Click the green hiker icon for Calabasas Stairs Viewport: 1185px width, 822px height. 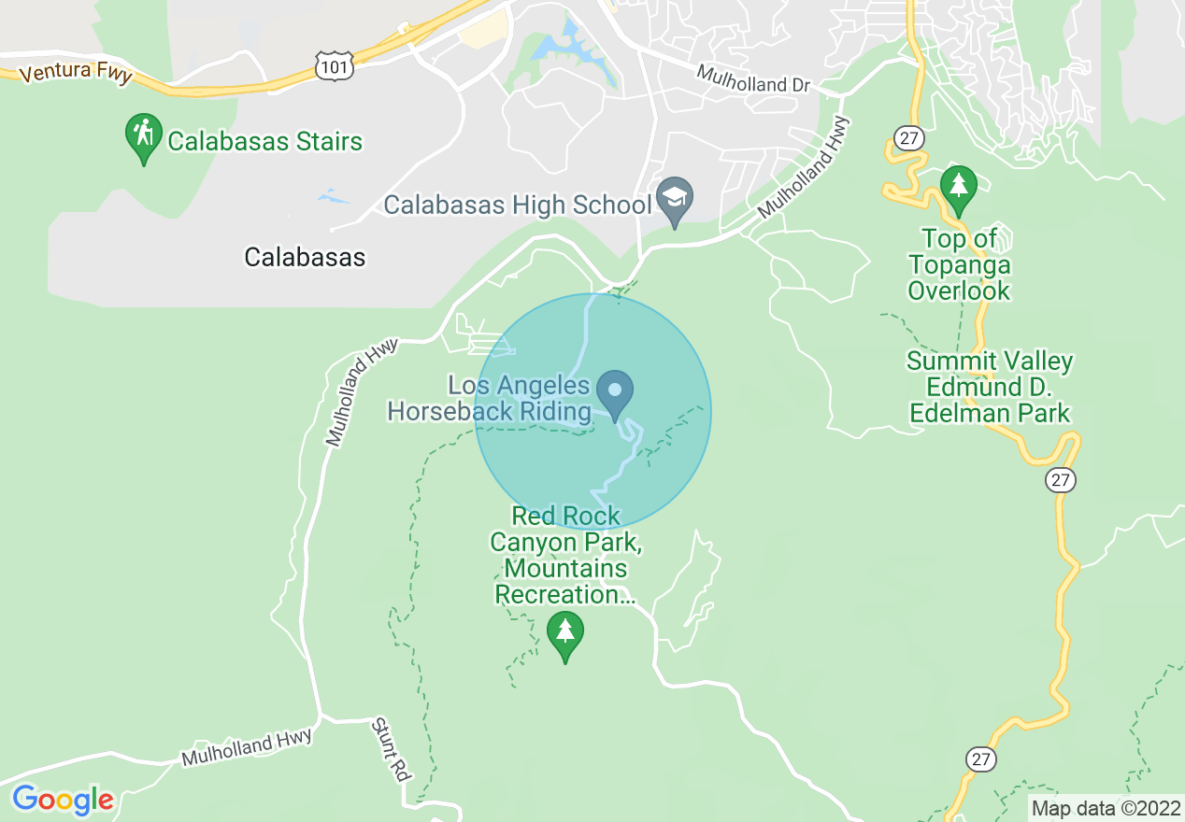143,137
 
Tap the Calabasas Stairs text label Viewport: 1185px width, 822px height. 264,142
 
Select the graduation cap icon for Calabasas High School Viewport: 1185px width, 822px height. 673,200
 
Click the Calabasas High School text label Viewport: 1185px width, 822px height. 517,205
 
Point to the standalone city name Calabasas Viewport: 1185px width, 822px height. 305,257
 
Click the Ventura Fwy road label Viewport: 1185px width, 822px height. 76,73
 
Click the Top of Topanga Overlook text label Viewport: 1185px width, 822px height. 959,265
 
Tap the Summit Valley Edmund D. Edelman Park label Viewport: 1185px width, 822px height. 990,387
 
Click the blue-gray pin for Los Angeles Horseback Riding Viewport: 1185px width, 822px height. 616,393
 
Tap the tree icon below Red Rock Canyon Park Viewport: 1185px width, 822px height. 564,634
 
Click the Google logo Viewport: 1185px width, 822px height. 63,800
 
